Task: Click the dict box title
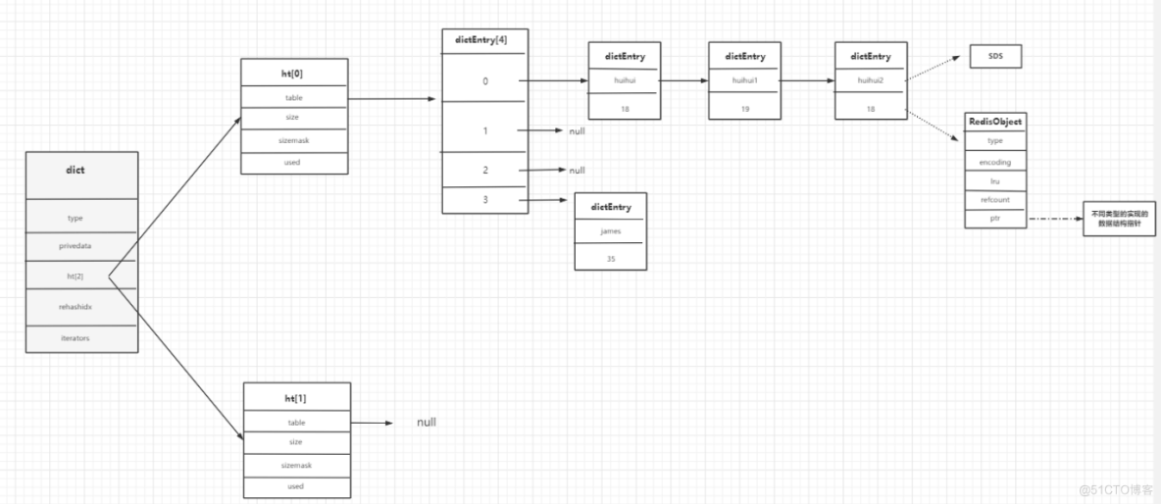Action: click(x=76, y=170)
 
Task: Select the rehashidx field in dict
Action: click(x=76, y=307)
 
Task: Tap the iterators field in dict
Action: click(x=76, y=337)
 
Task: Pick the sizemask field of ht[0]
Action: click(x=294, y=140)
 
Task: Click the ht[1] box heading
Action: click(x=295, y=397)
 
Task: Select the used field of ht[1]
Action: click(x=295, y=485)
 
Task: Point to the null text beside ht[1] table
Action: click(x=426, y=423)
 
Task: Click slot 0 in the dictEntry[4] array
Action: click(x=484, y=81)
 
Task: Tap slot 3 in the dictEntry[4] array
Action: click(x=484, y=200)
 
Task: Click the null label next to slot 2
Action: click(x=577, y=170)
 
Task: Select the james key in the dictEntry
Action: click(x=610, y=230)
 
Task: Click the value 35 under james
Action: click(x=610, y=259)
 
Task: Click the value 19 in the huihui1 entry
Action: click(x=744, y=109)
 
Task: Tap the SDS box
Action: click(x=995, y=58)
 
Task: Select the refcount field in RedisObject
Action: click(x=995, y=199)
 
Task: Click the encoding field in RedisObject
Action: click(x=995, y=162)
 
